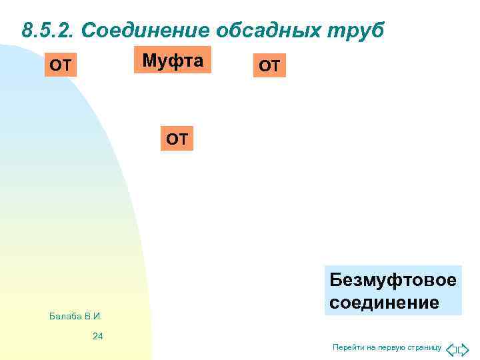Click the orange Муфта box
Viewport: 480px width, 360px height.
tap(172, 60)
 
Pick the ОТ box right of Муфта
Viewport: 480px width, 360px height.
tap(269, 66)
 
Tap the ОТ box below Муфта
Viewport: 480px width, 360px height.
tap(177, 139)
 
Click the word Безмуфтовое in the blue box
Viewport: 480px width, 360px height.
tap(393, 280)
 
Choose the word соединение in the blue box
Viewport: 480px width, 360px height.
tap(384, 303)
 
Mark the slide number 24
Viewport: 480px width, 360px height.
tap(97, 336)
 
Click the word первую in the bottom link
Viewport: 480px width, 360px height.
tap(393, 348)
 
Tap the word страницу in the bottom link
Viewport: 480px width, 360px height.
tap(425, 348)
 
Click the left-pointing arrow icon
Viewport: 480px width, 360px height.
tap(451, 349)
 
